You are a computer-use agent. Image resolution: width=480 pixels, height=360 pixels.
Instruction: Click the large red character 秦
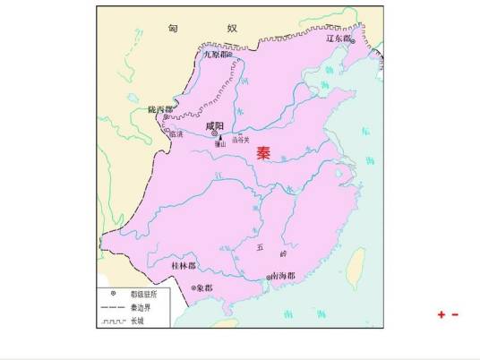tap(263, 152)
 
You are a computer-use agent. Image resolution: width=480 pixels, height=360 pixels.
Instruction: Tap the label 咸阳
tap(215, 126)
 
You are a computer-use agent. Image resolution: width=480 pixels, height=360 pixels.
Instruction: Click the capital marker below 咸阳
tap(215, 135)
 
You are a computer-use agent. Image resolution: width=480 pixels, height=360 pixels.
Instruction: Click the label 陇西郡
tap(161, 109)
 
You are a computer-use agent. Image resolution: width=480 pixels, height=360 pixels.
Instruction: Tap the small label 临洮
tap(175, 134)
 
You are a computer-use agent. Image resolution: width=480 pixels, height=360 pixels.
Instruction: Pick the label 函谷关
tap(239, 139)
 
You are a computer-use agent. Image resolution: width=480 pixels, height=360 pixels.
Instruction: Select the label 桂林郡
tap(184, 266)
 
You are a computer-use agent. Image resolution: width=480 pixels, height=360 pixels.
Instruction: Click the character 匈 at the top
tap(173, 28)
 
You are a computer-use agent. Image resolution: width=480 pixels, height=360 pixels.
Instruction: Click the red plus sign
tap(441, 314)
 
